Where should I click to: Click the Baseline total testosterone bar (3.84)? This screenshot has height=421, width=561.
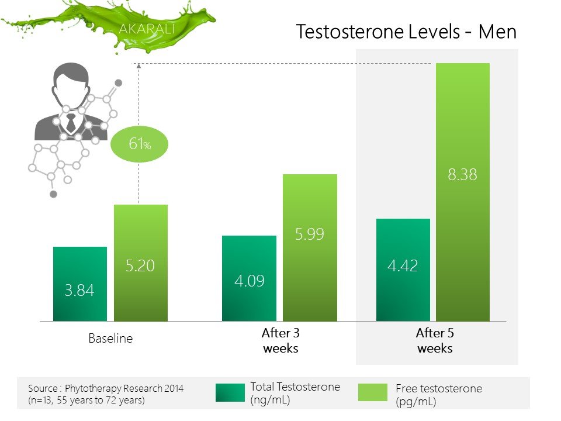pyautogui.click(x=80, y=284)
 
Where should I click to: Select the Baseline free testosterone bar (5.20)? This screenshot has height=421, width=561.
pyautogui.click(x=141, y=263)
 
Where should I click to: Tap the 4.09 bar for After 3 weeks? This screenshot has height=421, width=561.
pyautogui.click(x=249, y=278)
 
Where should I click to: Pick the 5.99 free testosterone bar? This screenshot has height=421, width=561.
pyautogui.click(x=310, y=248)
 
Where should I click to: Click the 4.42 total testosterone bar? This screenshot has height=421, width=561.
pyautogui.click(x=403, y=270)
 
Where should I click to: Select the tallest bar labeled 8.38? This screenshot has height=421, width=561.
pyautogui.click(x=463, y=192)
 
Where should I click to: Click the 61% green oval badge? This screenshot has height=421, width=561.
pyautogui.click(x=139, y=144)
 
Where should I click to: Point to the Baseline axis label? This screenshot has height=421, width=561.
pyautogui.click(x=110, y=339)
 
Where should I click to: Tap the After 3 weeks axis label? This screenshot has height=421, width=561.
pyautogui.click(x=280, y=340)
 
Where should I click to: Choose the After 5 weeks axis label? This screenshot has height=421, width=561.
pyautogui.click(x=435, y=340)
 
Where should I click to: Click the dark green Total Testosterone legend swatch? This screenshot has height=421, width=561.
pyautogui.click(x=230, y=392)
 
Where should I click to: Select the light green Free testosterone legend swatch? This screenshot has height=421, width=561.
pyautogui.click(x=373, y=392)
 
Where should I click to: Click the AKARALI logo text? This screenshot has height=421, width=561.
pyautogui.click(x=147, y=29)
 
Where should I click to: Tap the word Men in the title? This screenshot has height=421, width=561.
pyautogui.click(x=497, y=32)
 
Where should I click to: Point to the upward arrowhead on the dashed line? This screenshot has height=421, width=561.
pyautogui.click(x=139, y=65)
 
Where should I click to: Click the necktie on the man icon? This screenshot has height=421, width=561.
pyautogui.click(x=71, y=122)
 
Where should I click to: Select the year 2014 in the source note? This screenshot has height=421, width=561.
pyautogui.click(x=174, y=388)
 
